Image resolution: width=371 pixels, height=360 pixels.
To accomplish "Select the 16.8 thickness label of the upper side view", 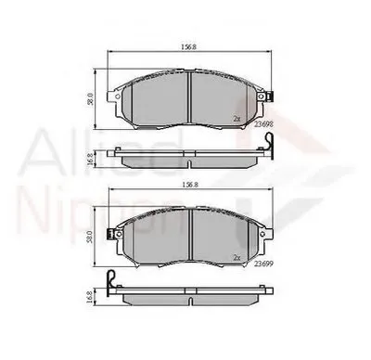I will tap(90, 157).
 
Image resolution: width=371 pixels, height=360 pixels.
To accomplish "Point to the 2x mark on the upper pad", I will tap(237, 119).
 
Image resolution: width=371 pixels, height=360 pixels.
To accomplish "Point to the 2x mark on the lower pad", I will tap(237, 257).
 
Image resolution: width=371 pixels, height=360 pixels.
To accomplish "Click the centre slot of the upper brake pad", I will tap(190, 93).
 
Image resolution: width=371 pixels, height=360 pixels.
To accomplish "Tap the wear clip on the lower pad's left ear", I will tap(110, 233).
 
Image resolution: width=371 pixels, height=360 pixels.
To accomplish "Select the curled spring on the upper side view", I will tap(270, 141).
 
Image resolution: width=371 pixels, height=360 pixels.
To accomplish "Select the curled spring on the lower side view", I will tap(111, 277).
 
